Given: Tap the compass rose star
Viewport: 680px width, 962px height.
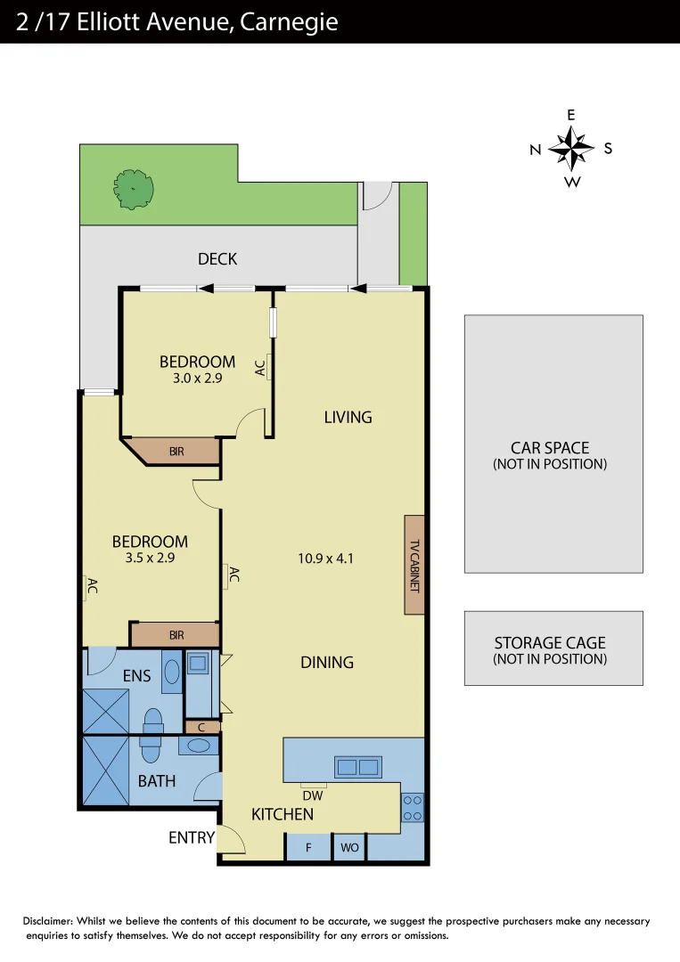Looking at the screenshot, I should click(571, 148).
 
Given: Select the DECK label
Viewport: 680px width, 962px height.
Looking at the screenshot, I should click(217, 259).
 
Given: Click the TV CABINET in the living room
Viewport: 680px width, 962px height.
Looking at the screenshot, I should click(414, 565).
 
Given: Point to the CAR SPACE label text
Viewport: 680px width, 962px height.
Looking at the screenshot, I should click(550, 448).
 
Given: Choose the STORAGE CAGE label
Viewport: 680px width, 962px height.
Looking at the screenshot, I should click(550, 643).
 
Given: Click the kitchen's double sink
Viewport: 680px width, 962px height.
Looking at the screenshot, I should click(357, 766).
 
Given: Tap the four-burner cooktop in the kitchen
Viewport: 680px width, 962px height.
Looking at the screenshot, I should click(413, 807).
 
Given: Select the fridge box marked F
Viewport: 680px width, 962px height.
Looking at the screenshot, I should click(308, 847).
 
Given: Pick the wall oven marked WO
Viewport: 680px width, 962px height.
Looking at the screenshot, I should click(349, 847).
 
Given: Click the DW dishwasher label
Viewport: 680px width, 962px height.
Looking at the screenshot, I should click(313, 795).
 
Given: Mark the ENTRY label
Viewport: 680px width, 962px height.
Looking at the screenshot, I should click(192, 837).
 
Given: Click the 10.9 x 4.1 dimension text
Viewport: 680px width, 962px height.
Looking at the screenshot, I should click(326, 559).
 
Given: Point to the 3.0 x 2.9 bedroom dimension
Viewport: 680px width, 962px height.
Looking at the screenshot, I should click(197, 378).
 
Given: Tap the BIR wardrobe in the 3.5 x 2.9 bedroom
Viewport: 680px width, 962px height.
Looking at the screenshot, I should click(176, 635).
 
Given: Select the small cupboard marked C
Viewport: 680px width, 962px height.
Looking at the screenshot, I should click(202, 727).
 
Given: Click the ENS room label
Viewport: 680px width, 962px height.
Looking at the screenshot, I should click(136, 676).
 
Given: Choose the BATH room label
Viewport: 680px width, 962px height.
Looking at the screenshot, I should click(156, 781).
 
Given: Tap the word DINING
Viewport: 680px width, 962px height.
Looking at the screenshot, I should click(326, 662).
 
